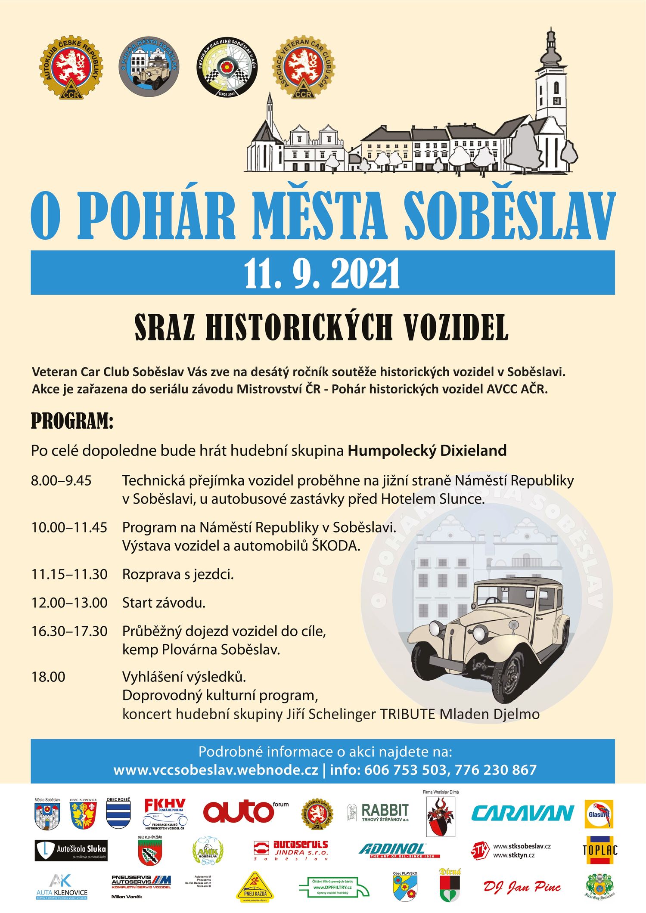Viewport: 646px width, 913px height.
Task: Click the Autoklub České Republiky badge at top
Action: [x=72, y=67]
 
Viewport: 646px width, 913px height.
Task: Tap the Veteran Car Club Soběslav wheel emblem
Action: [x=227, y=67]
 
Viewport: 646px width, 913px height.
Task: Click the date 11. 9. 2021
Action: [x=322, y=273]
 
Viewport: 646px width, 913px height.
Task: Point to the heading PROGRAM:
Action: [x=72, y=421]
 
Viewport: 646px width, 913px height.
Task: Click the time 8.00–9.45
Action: [x=61, y=480]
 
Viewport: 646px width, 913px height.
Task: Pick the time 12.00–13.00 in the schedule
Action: [x=69, y=603]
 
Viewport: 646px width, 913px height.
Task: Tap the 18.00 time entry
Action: [x=48, y=677]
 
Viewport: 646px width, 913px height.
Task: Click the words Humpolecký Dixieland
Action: [x=427, y=451]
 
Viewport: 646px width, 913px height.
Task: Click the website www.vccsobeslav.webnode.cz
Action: [x=216, y=770]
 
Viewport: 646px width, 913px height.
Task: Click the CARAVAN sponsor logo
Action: [x=522, y=813]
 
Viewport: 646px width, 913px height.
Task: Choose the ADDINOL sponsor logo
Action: [x=398, y=850]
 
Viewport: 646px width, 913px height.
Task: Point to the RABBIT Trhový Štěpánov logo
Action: [x=379, y=812]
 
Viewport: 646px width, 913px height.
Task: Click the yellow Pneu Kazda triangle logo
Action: [x=255, y=888]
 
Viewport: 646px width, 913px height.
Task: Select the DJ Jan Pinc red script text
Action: [x=522, y=886]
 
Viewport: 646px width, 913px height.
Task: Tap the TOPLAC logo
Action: [x=600, y=850]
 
